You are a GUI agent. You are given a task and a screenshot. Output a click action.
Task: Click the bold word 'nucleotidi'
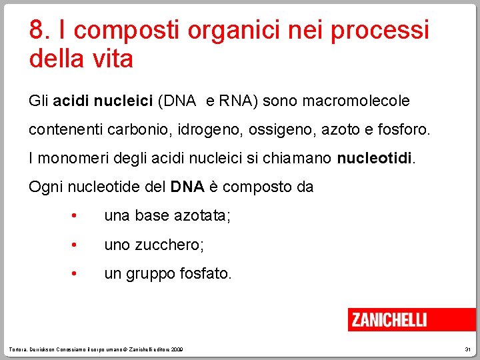tap(375, 159)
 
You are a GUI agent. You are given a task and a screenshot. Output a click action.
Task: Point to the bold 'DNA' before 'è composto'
tap(187, 187)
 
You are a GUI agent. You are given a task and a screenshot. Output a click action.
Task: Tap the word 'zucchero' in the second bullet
tap(168, 245)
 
